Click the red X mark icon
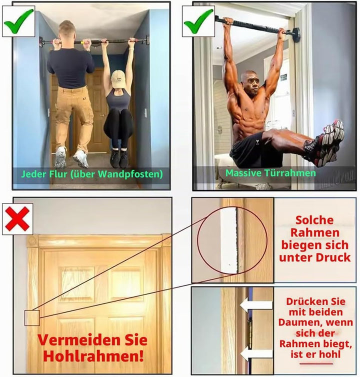click(x=17, y=219)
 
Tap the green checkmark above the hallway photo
click(x=18, y=21)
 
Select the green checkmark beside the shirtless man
click(x=198, y=21)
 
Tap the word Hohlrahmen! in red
click(x=93, y=356)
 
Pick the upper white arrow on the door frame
click(x=256, y=305)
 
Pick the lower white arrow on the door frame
click(x=256, y=354)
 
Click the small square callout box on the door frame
click(x=32, y=318)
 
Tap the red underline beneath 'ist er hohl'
click(x=316, y=363)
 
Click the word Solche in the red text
click(x=314, y=220)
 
